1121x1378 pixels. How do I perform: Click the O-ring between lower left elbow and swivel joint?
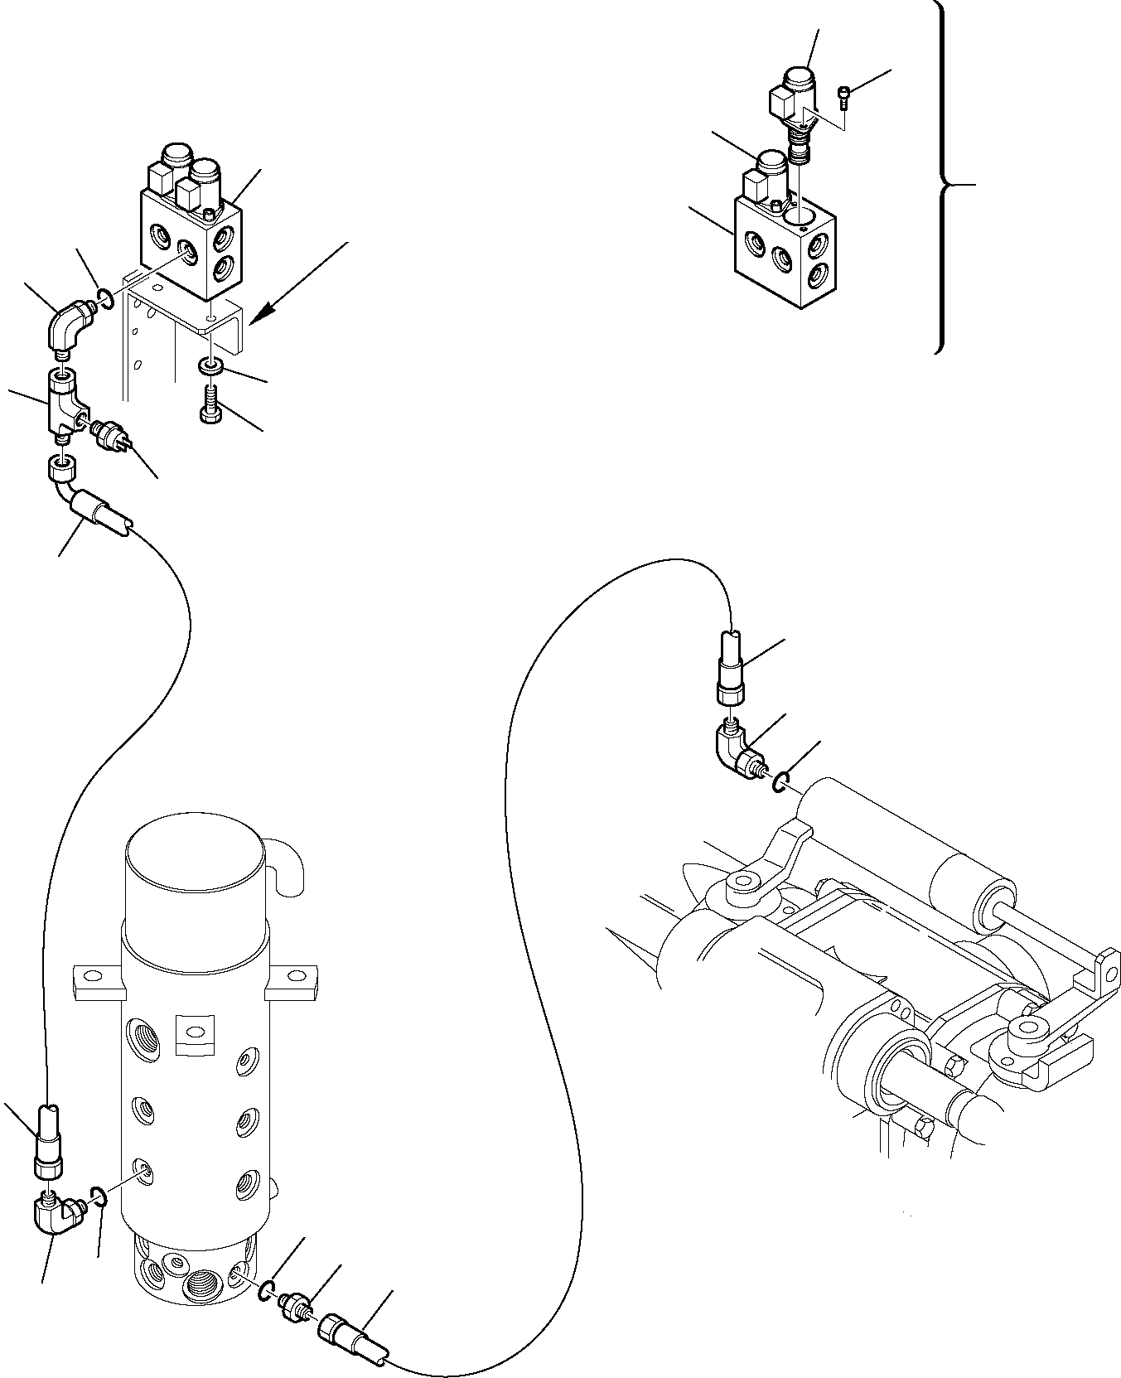98,1217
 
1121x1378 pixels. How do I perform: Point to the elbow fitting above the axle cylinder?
737,749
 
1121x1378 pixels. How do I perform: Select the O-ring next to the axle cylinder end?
780,781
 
